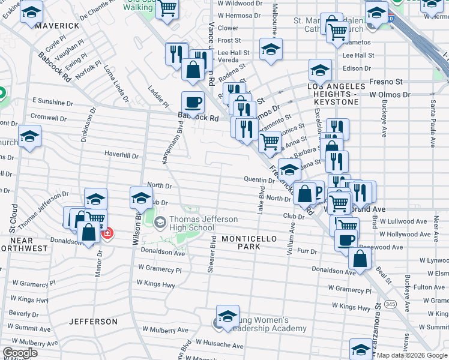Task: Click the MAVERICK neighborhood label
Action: pos(57,26)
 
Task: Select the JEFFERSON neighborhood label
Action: pos(93,322)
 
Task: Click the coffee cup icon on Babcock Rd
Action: pos(193,102)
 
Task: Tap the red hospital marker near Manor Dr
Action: pos(107,233)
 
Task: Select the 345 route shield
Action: pos(391,305)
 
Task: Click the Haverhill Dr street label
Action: pos(121,155)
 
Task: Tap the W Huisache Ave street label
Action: pos(218,346)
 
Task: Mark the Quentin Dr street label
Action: pos(259,179)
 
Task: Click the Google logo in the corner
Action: pos(19,353)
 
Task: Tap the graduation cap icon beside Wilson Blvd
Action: pos(141,197)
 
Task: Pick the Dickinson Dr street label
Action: pos(92,122)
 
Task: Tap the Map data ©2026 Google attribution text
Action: pos(411,355)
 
